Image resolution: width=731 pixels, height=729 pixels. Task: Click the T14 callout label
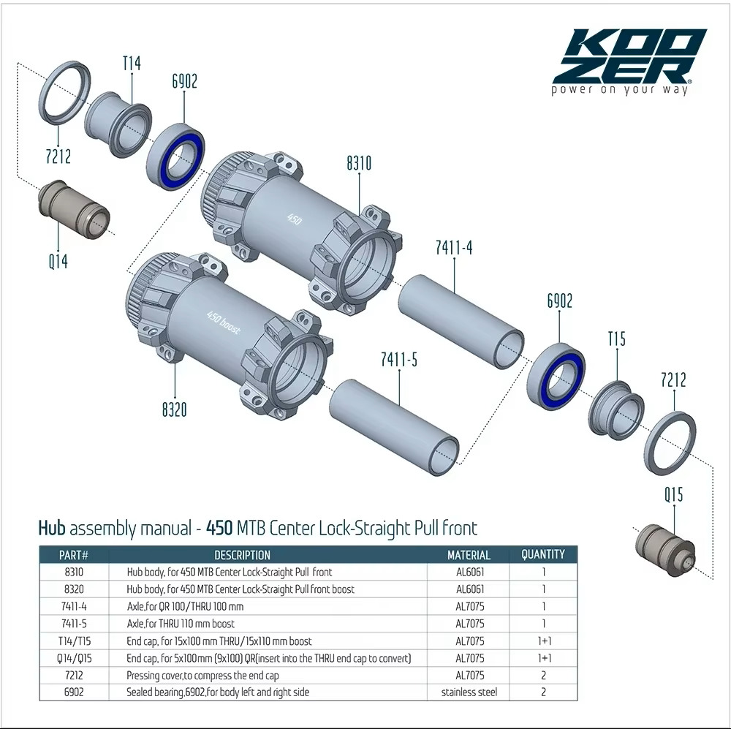[x=132, y=63]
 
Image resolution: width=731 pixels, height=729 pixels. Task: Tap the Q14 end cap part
[x=73, y=210]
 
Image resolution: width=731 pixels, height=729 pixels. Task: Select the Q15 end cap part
[x=666, y=549]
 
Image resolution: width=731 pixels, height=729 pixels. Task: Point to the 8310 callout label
[x=359, y=163]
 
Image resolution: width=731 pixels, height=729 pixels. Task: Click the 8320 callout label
[x=175, y=409]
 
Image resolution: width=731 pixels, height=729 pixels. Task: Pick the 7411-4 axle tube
[x=461, y=321]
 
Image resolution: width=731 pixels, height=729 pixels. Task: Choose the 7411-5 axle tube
[x=395, y=427]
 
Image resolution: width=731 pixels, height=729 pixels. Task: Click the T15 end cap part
[x=616, y=410]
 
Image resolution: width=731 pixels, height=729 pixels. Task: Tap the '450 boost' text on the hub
[x=224, y=322]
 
